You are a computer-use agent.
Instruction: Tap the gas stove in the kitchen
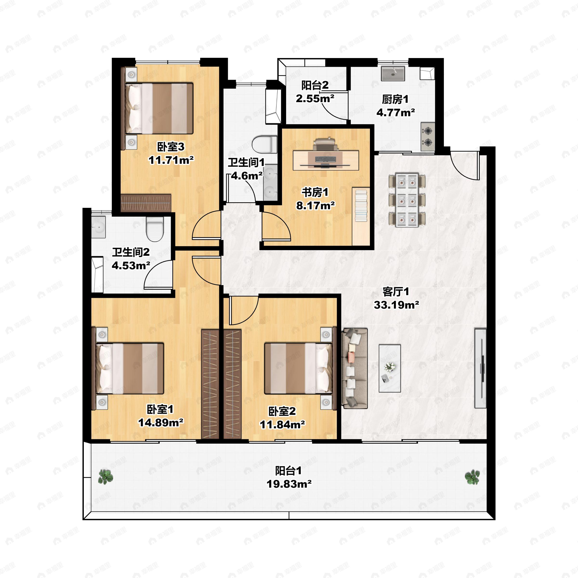click(427, 136)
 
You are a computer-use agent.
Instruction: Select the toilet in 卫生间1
click(264, 144)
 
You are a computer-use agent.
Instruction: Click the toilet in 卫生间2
click(155, 229)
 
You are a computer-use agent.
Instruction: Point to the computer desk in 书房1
click(326, 160)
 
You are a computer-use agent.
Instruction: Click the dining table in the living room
click(407, 200)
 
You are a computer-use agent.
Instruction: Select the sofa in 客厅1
click(355, 368)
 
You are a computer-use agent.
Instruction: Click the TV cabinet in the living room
click(480, 368)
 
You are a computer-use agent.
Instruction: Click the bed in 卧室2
click(299, 368)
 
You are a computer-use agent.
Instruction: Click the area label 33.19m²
click(396, 305)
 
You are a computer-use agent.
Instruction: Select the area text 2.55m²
click(315, 98)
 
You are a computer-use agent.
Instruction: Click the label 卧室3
click(171, 147)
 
